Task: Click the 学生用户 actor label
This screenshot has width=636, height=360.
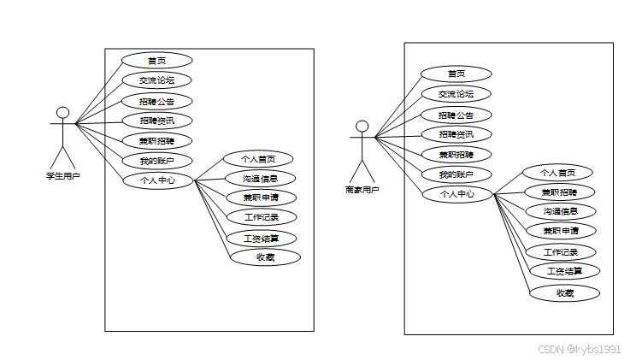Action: (62, 176)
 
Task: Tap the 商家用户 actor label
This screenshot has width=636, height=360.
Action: (362, 190)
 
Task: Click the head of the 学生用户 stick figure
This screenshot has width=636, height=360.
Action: (62, 113)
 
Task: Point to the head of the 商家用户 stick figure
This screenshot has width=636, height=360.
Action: (362, 127)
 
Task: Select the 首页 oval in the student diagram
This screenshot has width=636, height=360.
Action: (156, 60)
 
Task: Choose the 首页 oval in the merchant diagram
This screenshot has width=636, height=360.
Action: (456, 74)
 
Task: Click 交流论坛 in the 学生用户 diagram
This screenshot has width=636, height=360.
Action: (156, 80)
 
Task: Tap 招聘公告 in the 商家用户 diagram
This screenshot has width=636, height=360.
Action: (456, 115)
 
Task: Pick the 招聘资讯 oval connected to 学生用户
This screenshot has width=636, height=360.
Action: (156, 121)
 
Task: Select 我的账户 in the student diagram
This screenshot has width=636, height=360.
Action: (156, 160)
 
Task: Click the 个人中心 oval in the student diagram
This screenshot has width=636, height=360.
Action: (157, 180)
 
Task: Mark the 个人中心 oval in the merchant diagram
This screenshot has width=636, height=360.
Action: (457, 194)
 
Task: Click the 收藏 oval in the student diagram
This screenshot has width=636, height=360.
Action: (265, 257)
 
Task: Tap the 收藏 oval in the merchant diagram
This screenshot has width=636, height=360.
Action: (564, 293)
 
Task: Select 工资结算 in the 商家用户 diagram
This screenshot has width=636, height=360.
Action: (564, 271)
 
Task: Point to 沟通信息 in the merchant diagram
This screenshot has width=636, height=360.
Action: (560, 211)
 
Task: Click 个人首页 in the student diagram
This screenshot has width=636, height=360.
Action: (257, 159)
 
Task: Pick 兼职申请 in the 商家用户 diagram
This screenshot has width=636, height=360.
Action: (560, 230)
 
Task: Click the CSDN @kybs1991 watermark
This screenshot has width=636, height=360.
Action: (579, 349)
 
